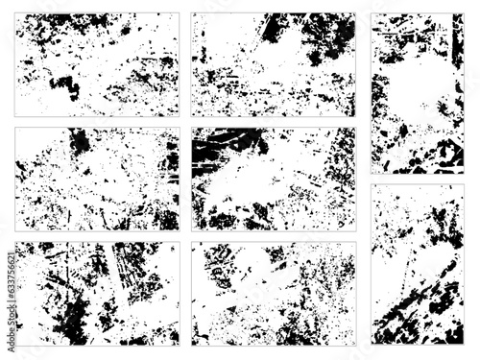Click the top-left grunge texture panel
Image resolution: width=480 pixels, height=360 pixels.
[x=97, y=64]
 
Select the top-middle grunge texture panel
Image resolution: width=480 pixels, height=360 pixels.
[x=274, y=64]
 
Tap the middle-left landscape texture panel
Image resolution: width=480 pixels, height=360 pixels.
[x=97, y=179]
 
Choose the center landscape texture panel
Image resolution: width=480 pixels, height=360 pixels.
[x=274, y=179]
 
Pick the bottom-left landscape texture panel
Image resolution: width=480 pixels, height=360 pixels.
[x=97, y=293]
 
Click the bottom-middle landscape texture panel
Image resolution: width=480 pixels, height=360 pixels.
[x=274, y=293]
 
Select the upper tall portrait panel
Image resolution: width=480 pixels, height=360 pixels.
[x=417, y=93]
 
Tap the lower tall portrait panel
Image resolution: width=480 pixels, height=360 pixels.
[x=417, y=264]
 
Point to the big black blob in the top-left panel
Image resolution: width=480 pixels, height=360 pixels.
[x=65, y=86]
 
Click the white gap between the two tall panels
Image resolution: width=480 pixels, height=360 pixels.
[x=417, y=179]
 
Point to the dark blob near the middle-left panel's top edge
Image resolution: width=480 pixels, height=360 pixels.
[x=80, y=142]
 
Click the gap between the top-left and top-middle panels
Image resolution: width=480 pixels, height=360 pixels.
[x=185, y=64]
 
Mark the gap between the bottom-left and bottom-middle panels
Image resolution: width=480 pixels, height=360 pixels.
[x=185, y=293]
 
